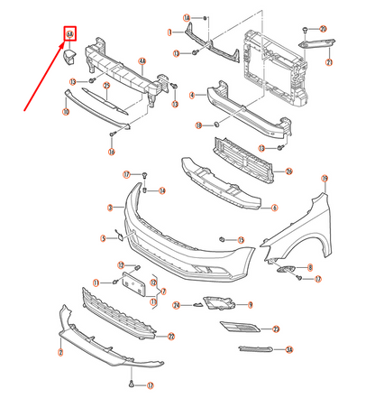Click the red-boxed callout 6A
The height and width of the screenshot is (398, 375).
coord(69,35)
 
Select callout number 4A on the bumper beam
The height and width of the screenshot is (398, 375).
coord(142,61)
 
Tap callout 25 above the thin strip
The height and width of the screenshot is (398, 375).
coord(105,87)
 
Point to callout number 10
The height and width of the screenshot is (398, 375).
coord(65,113)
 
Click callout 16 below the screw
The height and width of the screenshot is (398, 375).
coord(112,153)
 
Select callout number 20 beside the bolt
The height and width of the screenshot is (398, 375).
coord(324,29)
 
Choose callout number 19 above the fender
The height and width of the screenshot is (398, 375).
coord(325,179)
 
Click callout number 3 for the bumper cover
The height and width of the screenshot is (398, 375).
coord(109,208)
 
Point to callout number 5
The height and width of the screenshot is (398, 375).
coord(104,238)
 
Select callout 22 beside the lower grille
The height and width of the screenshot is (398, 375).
coord(169,337)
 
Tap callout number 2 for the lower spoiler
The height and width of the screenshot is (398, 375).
coord(59,352)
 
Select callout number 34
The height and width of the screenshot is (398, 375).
coord(289,349)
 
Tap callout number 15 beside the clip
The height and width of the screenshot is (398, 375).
coord(241,240)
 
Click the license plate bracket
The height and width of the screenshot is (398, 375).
coord(136,285)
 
